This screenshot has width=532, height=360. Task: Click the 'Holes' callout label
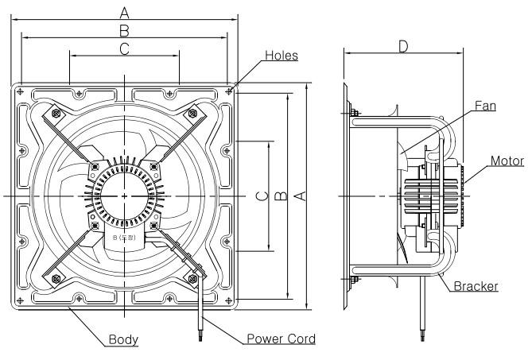[281, 56]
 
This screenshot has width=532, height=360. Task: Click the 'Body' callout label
[122, 339]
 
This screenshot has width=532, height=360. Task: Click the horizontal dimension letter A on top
[124, 11]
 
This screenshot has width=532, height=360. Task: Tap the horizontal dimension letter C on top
[124, 49]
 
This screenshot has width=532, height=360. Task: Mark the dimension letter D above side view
[403, 48]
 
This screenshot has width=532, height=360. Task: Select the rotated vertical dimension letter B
[281, 196]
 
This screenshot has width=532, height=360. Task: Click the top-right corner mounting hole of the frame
[229, 92]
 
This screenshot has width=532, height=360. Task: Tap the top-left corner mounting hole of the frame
[20, 92]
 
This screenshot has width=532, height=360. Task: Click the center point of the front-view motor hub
[124, 195]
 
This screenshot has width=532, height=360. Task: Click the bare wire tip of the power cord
[196, 339]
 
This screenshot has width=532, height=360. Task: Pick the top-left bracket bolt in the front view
[55, 113]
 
